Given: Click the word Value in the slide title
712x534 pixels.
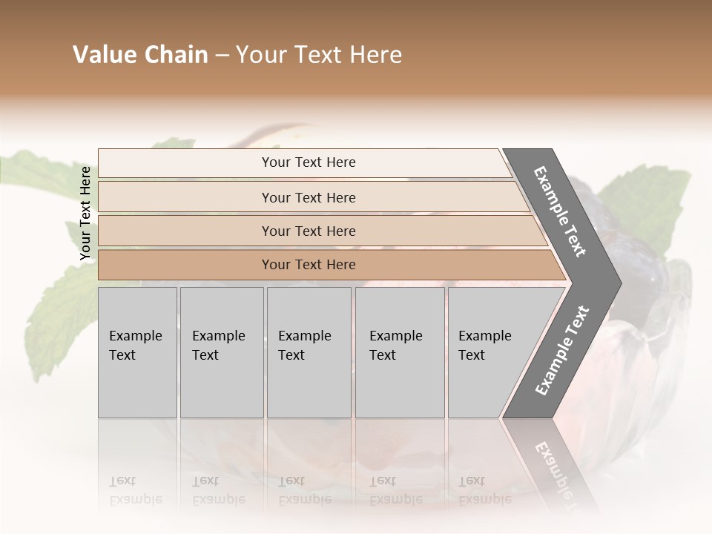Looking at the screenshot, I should [x=101, y=55].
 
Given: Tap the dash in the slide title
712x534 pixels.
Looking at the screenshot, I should [x=222, y=56].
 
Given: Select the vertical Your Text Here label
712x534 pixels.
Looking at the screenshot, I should [x=85, y=213].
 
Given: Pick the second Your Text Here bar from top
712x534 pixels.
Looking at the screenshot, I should [x=309, y=197].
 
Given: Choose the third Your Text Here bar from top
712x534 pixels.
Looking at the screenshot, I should [x=309, y=231].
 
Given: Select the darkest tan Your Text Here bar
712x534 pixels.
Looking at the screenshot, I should [x=309, y=265].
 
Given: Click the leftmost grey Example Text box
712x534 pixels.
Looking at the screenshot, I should [x=137, y=352].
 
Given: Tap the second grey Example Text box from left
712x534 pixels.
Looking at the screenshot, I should [x=221, y=352].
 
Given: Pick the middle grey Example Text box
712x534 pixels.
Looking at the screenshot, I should [x=309, y=352].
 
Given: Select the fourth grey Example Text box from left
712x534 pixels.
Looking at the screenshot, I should [x=399, y=352].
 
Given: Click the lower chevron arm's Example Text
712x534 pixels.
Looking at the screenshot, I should [x=562, y=351].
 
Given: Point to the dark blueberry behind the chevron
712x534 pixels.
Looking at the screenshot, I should [x=645, y=222].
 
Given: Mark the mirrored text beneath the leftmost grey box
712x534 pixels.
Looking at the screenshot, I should [x=135, y=490].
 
